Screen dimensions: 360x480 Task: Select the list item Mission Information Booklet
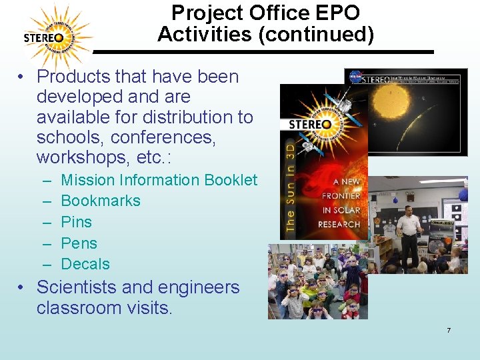tap(159, 180)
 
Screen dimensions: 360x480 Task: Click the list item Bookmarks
tap(101, 201)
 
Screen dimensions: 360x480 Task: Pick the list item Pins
tap(76, 222)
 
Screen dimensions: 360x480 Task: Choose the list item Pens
tap(79, 243)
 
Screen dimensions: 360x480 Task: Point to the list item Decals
tap(85, 264)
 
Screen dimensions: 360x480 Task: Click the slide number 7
tap(449, 331)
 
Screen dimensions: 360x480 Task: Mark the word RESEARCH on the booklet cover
tap(339, 225)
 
